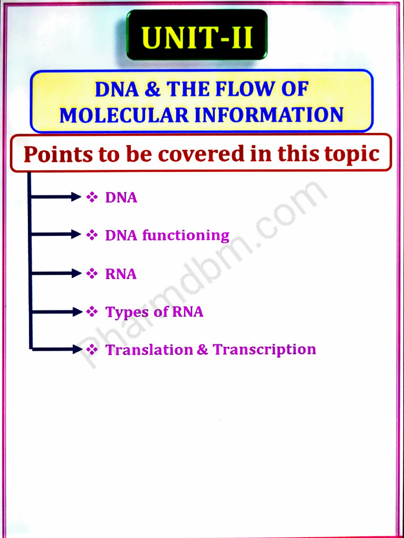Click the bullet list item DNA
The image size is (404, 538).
click(121, 198)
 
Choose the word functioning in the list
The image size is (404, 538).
click(186, 235)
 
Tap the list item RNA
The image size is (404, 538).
click(121, 274)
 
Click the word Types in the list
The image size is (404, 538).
click(127, 312)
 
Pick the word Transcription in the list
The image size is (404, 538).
click(264, 350)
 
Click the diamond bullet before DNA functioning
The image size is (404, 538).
click(92, 235)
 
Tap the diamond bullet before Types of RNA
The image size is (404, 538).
click(92, 312)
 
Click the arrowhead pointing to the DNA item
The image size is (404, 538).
click(77, 197)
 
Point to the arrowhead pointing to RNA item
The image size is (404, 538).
click(77, 273)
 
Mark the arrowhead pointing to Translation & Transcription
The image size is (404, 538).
click(77, 349)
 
